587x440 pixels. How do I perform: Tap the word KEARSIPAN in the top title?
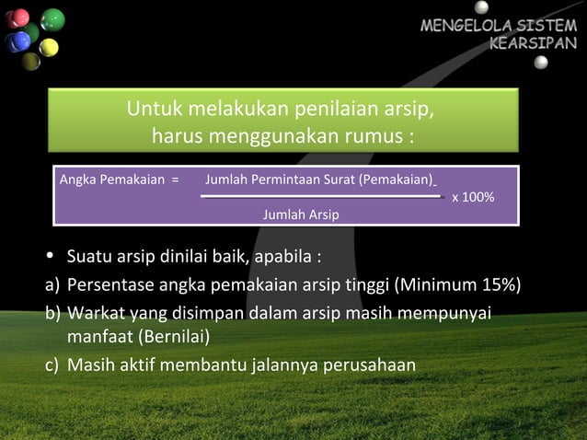click(x=535, y=42)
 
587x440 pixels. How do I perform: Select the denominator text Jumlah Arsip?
click(x=300, y=214)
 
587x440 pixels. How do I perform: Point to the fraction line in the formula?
click(x=322, y=196)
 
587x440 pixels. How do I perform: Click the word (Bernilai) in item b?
click(x=174, y=334)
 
